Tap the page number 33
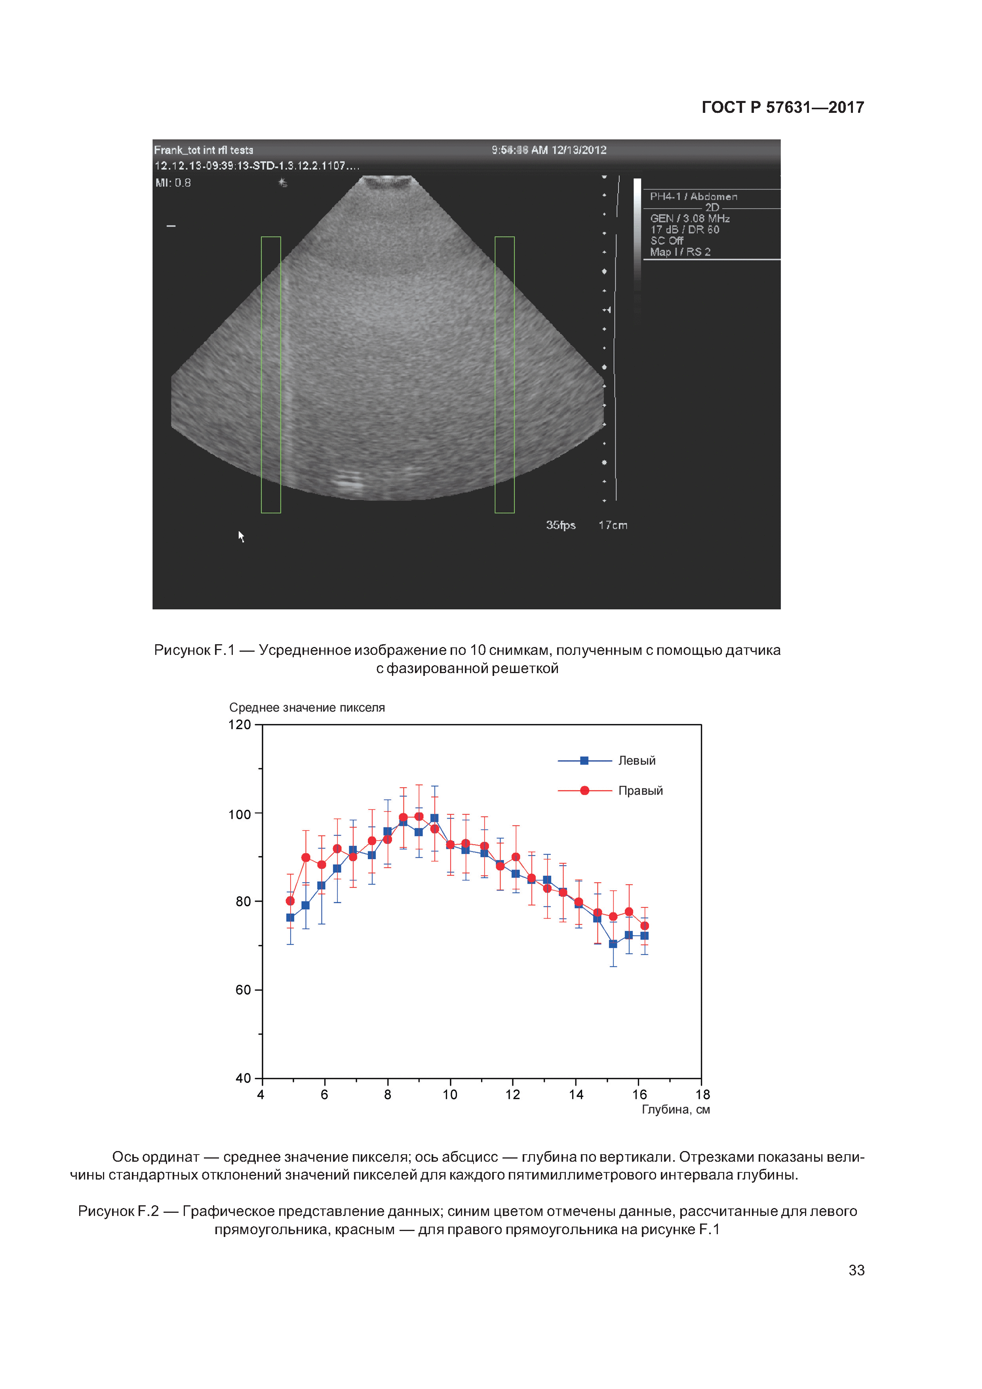(856, 1270)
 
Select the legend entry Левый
(636, 761)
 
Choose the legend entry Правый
(640, 791)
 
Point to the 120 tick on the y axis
(240, 725)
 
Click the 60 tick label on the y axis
(243, 990)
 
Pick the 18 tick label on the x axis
(702, 1094)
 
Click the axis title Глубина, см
(675, 1109)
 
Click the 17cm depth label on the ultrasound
(613, 525)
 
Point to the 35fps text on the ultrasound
(560, 525)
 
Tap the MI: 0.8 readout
(173, 183)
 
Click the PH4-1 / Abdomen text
(693, 197)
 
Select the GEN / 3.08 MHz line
(690, 219)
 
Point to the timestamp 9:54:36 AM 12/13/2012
(549, 150)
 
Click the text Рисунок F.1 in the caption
(194, 650)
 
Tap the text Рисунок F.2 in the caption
(118, 1211)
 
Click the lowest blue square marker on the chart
(613, 944)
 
